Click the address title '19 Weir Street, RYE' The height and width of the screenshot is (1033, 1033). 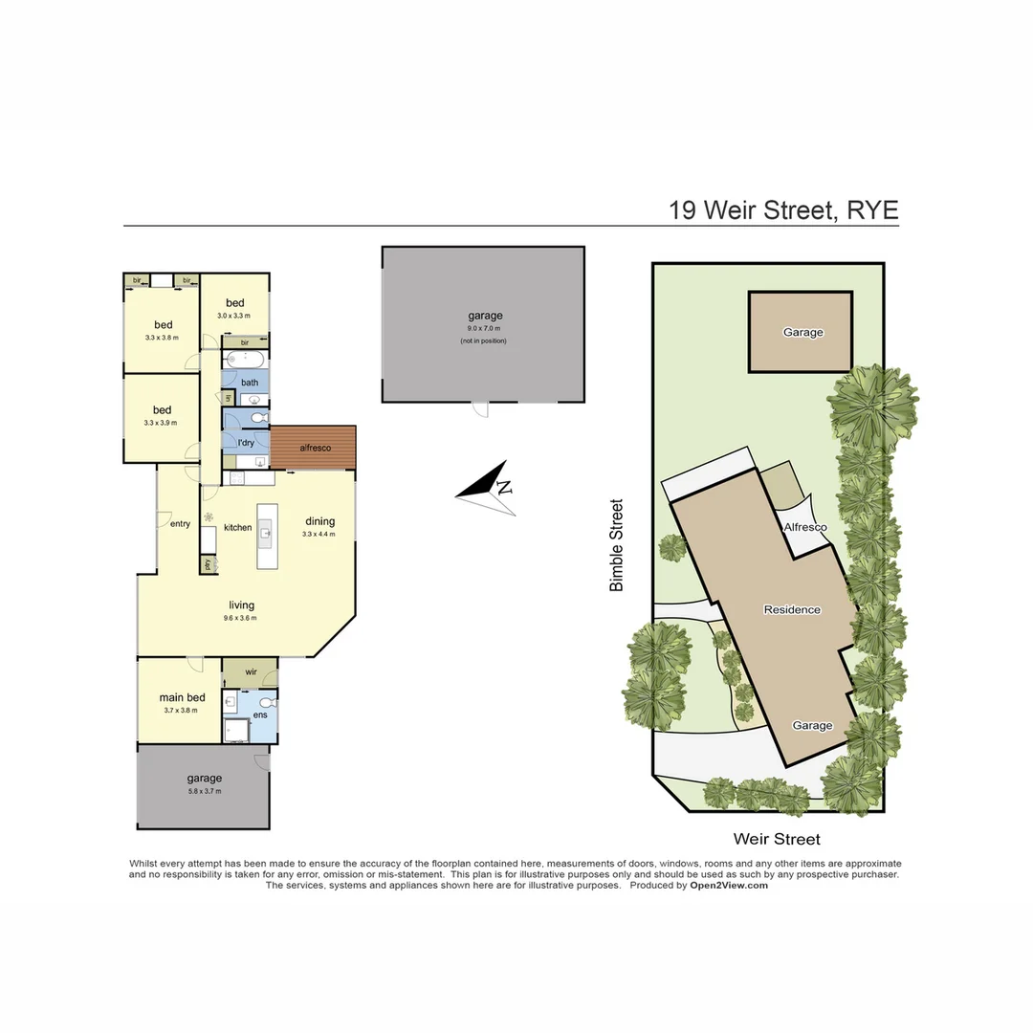click(x=783, y=210)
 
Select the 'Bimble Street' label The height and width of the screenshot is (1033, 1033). click(x=617, y=544)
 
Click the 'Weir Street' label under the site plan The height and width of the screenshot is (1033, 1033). click(x=777, y=839)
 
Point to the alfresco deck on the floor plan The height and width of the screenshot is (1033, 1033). click(x=314, y=448)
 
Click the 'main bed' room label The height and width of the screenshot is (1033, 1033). click(x=182, y=697)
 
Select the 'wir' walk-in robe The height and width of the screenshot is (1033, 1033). click(x=251, y=672)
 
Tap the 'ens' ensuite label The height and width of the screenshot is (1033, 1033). click(x=260, y=715)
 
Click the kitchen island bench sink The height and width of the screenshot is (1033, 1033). click(x=266, y=536)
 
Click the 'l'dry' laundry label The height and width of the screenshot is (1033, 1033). click(x=245, y=443)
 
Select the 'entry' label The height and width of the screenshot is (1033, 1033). click(x=180, y=523)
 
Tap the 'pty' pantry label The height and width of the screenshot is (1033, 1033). click(x=208, y=563)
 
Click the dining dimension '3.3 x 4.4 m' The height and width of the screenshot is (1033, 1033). click(x=319, y=534)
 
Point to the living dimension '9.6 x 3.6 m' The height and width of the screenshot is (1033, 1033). click(x=241, y=618)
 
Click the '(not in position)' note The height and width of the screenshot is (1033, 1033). click(x=483, y=341)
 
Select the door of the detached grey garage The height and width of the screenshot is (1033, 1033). click(x=482, y=410)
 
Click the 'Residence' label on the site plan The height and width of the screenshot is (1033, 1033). click(x=792, y=609)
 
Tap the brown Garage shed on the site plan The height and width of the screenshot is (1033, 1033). click(x=801, y=332)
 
